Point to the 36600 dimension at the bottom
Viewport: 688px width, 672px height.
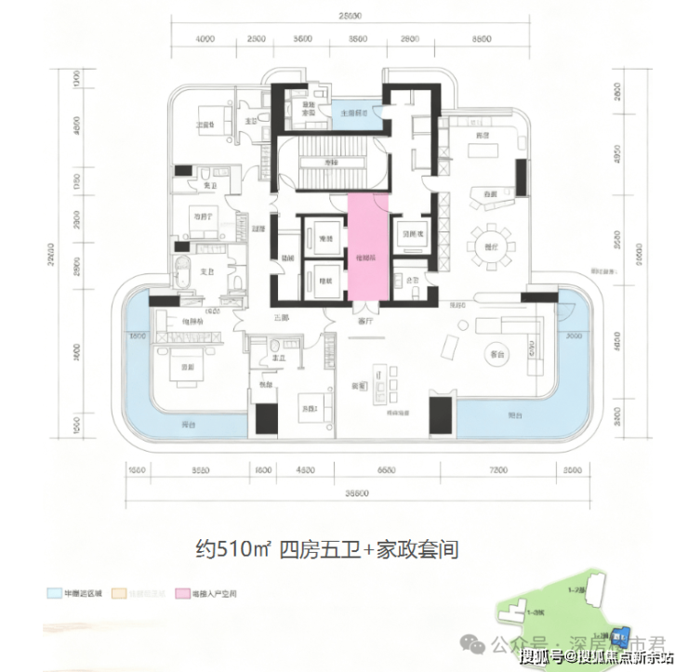point(352,494)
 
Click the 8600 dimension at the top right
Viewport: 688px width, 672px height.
point(481,39)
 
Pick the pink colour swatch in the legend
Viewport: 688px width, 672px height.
point(183,591)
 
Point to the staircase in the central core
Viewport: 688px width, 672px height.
point(328,164)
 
